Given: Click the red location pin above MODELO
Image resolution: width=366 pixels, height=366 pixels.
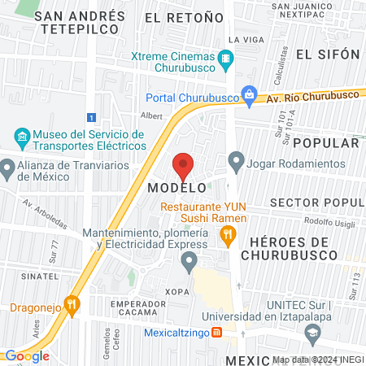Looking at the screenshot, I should (183, 166).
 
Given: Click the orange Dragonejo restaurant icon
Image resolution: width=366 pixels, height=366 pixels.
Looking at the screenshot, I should (73, 307).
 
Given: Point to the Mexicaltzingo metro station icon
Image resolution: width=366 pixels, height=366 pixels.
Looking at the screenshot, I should (217, 332).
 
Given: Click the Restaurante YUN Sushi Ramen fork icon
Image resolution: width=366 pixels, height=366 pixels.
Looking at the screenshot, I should (229, 237).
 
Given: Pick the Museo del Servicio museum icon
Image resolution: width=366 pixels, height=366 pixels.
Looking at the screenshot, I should (21, 134).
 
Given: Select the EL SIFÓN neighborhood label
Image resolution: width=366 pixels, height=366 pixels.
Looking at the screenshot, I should (328, 54).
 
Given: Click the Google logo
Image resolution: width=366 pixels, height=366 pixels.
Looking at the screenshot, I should (27, 355).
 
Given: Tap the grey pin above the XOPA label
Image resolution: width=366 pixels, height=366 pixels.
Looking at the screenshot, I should (190, 261).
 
